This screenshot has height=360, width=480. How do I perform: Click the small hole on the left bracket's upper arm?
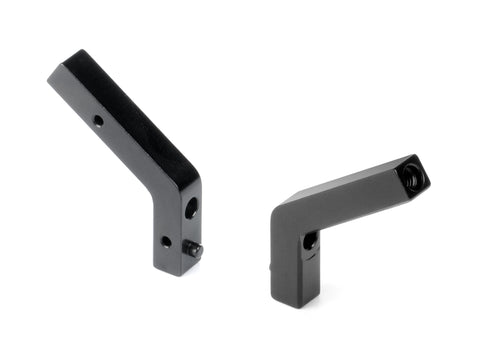[98, 120]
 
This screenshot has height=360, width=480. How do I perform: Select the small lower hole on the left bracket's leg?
[166, 241]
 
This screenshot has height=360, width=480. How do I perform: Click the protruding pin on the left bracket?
[197, 250]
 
